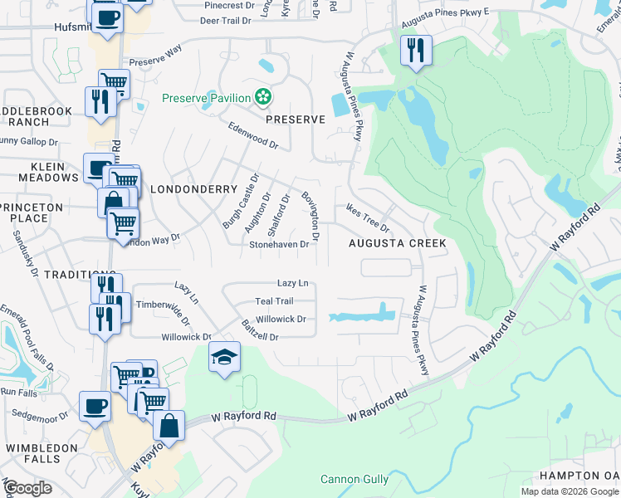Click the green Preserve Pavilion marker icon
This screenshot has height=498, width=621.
tap(263, 98)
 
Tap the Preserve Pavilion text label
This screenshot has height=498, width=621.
tap(206, 98)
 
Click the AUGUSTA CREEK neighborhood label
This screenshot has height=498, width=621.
tap(397, 243)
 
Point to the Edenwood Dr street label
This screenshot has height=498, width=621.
tap(253, 137)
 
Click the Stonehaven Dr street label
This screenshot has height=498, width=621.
tap(279, 245)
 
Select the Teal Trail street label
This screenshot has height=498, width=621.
tap(274, 301)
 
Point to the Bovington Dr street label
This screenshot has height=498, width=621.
tap(310, 212)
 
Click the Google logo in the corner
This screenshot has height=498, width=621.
tap(27, 488)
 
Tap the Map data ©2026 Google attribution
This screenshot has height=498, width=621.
tap(569, 491)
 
